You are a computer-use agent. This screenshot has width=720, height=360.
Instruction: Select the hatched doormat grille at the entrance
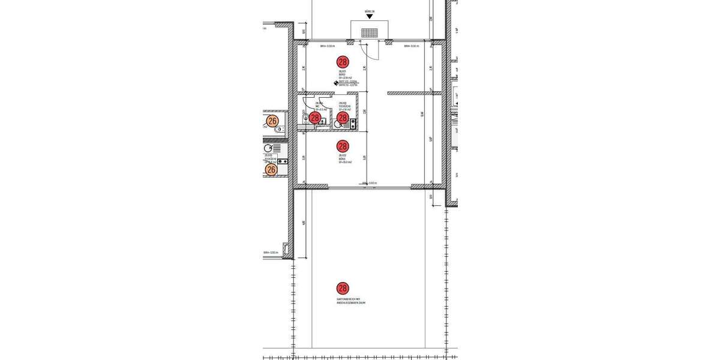(x=369, y=32)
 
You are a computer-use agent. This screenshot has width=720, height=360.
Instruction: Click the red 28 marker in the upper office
(x=343, y=62)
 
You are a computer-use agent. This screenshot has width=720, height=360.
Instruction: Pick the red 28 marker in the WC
(x=314, y=118)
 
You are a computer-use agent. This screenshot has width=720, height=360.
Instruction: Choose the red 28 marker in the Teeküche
(x=343, y=118)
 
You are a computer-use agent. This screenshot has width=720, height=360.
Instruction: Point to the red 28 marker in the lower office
(x=343, y=146)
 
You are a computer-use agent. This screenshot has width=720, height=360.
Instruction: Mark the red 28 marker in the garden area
(x=343, y=289)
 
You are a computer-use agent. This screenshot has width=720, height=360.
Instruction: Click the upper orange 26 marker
(x=272, y=121)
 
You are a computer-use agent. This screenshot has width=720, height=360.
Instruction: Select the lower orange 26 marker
(x=271, y=170)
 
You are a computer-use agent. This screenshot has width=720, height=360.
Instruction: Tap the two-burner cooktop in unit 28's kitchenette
(x=353, y=124)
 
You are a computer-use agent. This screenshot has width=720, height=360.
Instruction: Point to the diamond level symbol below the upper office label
(x=336, y=83)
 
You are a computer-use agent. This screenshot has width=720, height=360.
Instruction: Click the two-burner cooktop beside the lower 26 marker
(x=281, y=161)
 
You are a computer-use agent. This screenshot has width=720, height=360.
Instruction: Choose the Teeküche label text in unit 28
(x=344, y=107)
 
